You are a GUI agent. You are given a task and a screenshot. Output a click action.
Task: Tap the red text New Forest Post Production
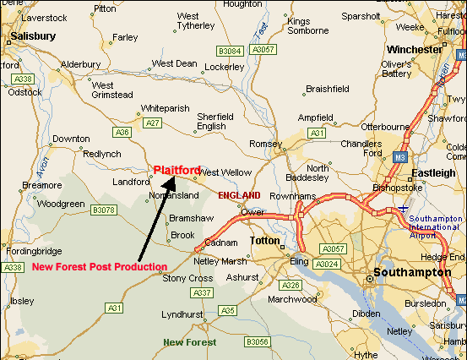(100, 267)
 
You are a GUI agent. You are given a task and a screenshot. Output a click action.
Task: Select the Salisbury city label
(33, 36)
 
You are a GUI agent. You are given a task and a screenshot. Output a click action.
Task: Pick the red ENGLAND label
(239, 195)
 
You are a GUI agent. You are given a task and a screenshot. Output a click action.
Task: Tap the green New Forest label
(189, 342)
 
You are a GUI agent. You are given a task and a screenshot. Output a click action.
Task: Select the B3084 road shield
(230, 51)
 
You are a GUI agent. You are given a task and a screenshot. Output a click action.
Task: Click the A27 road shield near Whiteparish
(152, 123)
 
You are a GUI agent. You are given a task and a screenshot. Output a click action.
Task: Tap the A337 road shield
(203, 292)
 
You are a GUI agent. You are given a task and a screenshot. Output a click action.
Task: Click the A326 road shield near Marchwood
(291, 285)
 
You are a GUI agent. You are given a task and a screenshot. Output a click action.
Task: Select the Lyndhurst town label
(183, 314)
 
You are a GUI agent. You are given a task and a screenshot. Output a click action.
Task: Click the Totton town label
(264, 242)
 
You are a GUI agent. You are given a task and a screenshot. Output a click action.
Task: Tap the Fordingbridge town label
(33, 251)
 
